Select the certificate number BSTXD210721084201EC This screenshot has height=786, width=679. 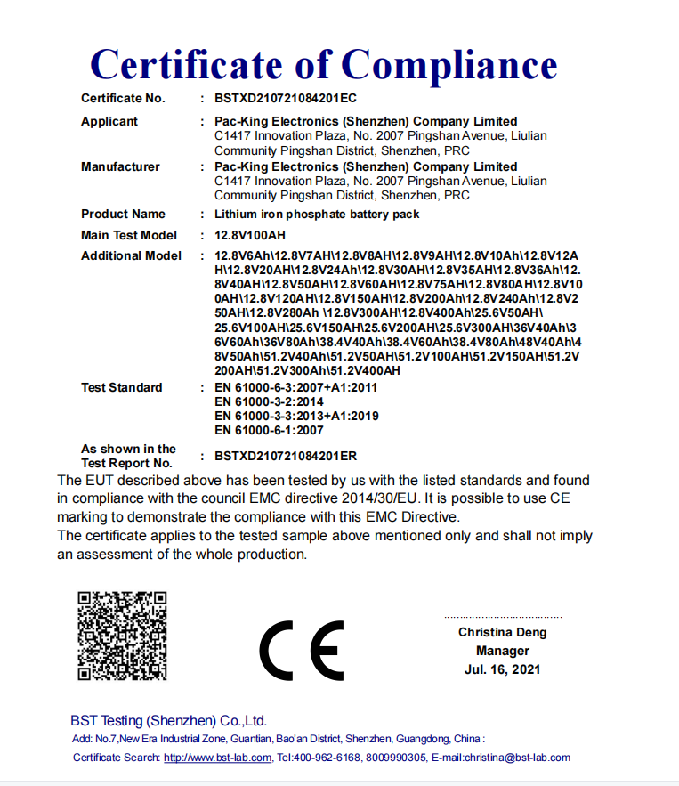tap(286, 98)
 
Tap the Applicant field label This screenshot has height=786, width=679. tap(109, 121)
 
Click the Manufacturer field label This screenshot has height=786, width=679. tap(120, 166)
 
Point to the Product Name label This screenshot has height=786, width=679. tap(123, 214)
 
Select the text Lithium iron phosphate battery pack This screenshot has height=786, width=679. tap(317, 214)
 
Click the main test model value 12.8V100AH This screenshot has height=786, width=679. tap(250, 235)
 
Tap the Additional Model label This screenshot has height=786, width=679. tap(131, 255)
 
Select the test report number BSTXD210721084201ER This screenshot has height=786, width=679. tap(286, 456)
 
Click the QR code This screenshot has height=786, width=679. tap(122, 636)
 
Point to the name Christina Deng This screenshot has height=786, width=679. tap(503, 632)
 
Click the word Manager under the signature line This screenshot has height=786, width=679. tap(503, 651)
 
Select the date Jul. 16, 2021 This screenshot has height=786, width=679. tap(503, 669)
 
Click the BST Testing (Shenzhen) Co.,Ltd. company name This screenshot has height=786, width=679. tap(169, 720)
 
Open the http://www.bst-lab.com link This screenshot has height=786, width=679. tap(218, 758)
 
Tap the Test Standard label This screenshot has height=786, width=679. tap(122, 387)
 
